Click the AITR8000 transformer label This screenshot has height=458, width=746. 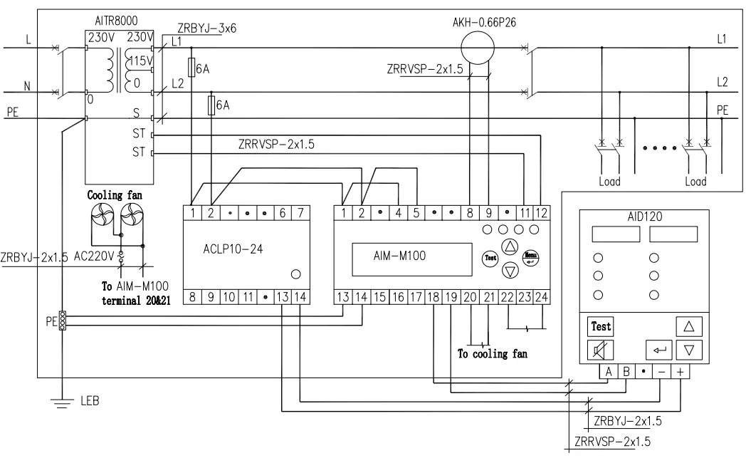[116, 21]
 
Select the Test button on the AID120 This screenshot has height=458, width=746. [600, 327]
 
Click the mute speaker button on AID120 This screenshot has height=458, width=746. [600, 350]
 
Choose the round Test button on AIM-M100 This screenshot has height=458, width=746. [490, 258]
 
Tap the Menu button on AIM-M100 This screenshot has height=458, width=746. [530, 258]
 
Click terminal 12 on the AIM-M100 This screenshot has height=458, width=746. [542, 213]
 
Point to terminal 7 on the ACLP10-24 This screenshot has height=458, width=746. [300, 213]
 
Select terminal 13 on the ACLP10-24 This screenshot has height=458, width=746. [282, 297]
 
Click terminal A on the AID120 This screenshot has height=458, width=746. [609, 372]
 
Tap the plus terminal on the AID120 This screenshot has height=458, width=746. [681, 372]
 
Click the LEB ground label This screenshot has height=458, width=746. [90, 401]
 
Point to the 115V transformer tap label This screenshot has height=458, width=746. [141, 61]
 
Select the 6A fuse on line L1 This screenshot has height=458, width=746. [191, 67]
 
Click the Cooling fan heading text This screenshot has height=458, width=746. [115, 195]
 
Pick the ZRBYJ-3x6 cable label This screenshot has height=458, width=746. [207, 28]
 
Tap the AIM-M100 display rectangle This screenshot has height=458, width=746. [412, 259]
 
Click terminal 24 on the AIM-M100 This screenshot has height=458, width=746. [542, 297]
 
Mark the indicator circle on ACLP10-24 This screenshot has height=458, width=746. [296, 274]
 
